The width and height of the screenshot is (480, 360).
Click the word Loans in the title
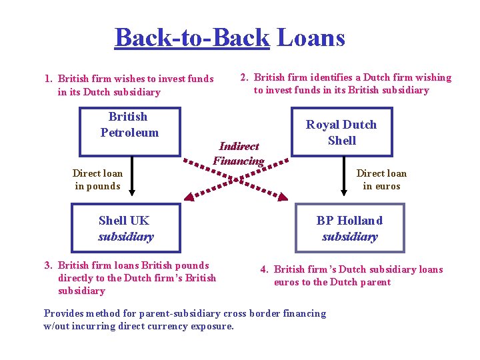click(311, 37)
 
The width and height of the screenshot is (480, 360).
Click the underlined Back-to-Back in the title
click(192, 37)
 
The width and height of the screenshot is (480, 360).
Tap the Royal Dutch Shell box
click(341, 133)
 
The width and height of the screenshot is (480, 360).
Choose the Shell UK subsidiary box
click(125, 228)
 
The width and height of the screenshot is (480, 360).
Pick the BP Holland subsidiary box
click(350, 228)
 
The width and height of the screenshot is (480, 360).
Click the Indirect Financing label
click(239, 153)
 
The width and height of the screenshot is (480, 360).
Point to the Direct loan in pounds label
click(97, 180)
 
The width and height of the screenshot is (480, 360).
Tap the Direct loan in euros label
click(381, 180)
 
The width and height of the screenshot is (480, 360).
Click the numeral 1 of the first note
click(47, 79)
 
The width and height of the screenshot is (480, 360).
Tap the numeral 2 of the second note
click(244, 78)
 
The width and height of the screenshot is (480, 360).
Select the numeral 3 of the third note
click(47, 265)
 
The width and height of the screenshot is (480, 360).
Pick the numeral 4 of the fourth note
click(264, 269)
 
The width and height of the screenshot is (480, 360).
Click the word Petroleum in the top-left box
click(129, 132)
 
